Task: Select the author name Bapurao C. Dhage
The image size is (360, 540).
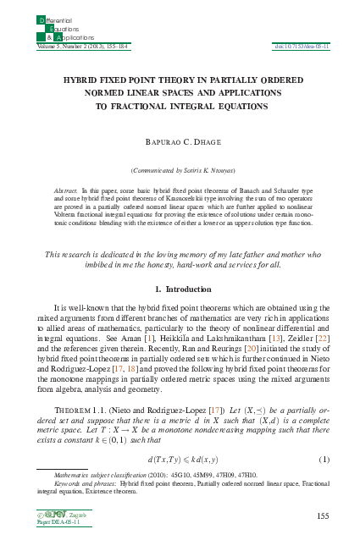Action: point(180,136)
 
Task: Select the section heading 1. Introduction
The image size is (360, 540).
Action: point(180,289)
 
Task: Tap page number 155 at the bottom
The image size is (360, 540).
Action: point(321,515)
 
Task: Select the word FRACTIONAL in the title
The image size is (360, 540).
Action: point(151,107)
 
